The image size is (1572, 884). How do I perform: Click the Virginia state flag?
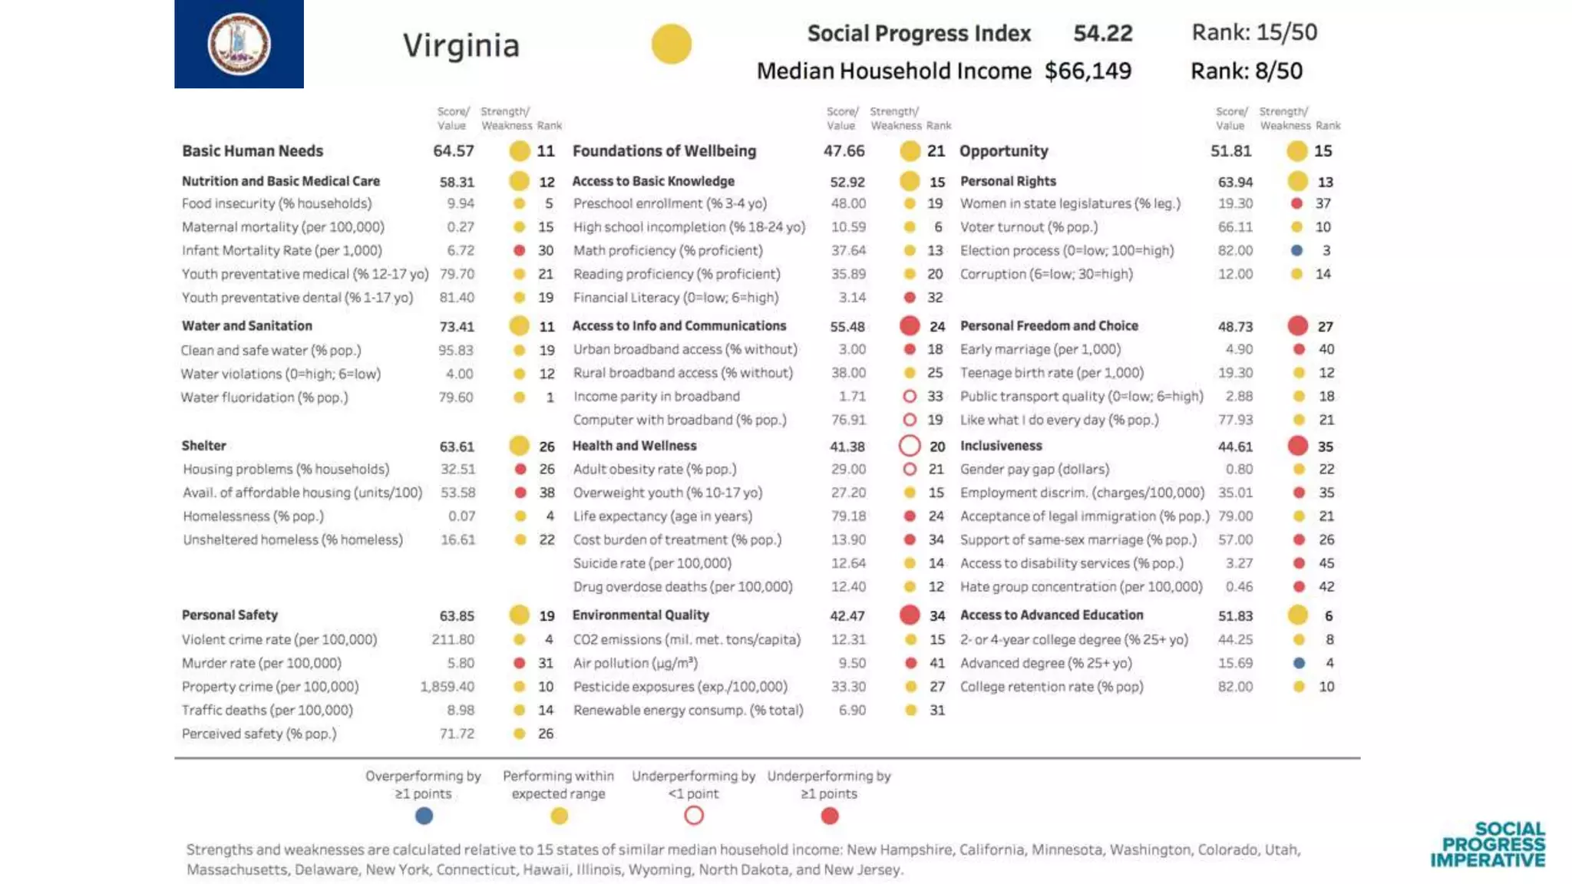coord(239,44)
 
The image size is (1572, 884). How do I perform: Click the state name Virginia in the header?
coord(461,45)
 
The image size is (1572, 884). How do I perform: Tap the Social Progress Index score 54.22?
coord(1102,33)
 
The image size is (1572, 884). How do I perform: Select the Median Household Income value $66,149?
coord(1088,71)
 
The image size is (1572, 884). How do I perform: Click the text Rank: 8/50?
coord(1246,71)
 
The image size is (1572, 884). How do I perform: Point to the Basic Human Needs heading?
coord(253,151)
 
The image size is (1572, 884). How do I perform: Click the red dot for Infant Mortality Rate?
coord(520,250)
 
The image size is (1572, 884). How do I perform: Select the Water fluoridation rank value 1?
coord(550,397)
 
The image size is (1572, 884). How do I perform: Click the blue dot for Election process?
coord(1296,250)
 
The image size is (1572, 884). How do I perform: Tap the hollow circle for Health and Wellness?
coord(910,446)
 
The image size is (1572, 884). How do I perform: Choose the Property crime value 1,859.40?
coord(447,687)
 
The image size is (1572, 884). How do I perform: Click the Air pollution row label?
coord(636,663)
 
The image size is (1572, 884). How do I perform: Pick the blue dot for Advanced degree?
coord(1299,663)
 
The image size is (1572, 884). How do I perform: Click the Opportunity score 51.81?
coord(1230,151)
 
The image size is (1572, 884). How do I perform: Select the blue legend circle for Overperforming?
coord(424,816)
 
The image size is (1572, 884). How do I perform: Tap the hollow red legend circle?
coord(694,816)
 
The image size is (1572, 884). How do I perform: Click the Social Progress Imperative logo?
coord(1488,844)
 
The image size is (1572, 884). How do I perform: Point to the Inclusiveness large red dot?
coord(1298,446)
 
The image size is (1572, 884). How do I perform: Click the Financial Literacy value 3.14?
coord(852,298)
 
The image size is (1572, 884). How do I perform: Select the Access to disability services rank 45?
coord(1326,563)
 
